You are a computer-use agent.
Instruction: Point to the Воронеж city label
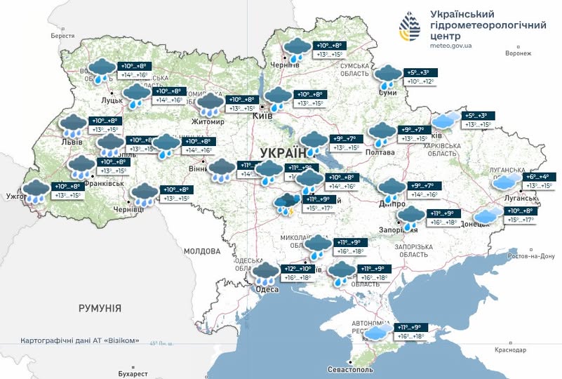(x=518, y=53)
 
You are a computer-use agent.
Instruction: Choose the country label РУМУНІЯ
(x=100, y=308)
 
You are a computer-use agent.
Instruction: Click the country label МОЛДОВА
(x=202, y=251)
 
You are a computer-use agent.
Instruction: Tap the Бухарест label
(x=133, y=373)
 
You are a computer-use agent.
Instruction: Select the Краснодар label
(x=509, y=350)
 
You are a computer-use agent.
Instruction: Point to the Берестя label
(x=62, y=36)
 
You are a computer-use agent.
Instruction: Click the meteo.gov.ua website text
(x=451, y=46)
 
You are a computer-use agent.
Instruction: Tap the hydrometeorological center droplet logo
(x=413, y=27)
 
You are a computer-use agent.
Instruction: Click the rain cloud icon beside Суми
(x=388, y=75)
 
